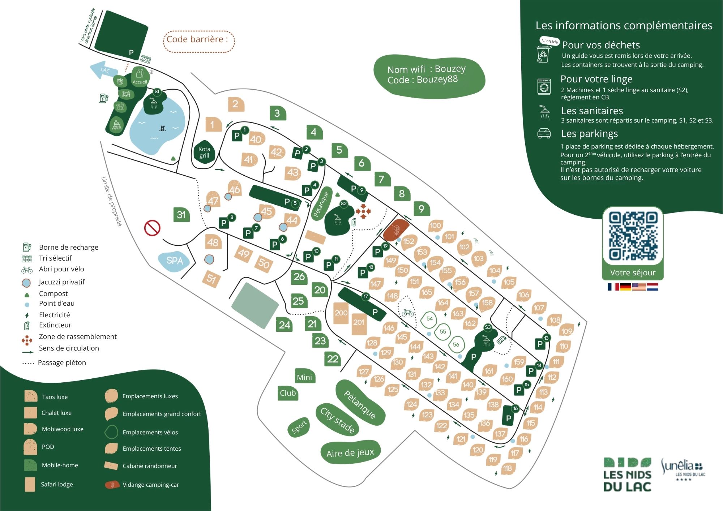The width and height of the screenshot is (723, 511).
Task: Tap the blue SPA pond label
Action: pos(175,261)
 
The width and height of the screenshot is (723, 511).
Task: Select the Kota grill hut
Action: pos(204,152)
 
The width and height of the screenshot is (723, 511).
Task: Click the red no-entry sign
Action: pos(152,228)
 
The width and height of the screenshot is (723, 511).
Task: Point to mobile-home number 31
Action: pos(181,215)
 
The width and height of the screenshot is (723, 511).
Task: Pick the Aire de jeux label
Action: pos(350,453)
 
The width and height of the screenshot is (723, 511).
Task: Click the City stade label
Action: pos(337,420)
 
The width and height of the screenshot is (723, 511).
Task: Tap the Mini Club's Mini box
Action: pos(304,377)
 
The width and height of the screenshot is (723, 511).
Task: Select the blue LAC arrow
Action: pos(103,70)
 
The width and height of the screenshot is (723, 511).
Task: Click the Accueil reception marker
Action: pos(140,76)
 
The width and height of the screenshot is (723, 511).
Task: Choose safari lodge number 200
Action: pos(341,313)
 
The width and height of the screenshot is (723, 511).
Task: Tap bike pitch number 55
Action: pos(442,331)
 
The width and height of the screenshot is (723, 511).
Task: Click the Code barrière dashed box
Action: pos(199,41)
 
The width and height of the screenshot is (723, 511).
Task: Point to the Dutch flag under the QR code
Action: pos(652,287)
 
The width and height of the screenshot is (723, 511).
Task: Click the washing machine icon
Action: pos(544,87)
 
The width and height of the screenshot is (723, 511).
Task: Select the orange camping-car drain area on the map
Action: pos(396,229)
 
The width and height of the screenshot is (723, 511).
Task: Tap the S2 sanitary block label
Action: pos(343,204)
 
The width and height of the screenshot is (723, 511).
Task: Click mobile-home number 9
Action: pos(421,209)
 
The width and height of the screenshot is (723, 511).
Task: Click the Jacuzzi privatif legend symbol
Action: pos(26,283)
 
